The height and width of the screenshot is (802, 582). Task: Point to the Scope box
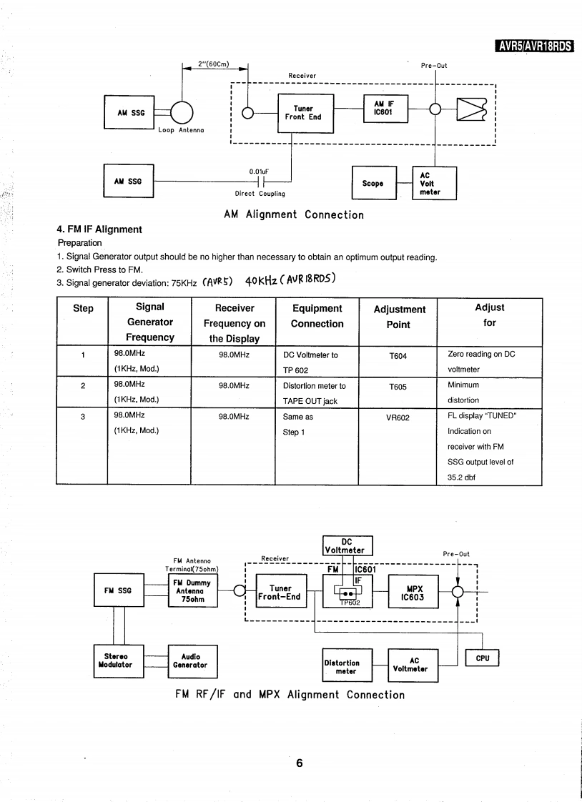[x=373, y=184]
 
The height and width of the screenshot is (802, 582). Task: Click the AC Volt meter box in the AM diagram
[x=435, y=183]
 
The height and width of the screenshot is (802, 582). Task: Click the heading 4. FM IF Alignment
[x=99, y=229]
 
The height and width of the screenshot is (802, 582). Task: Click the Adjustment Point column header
[x=399, y=317]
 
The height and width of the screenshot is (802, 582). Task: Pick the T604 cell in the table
[x=398, y=355]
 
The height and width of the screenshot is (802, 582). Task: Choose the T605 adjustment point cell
[x=398, y=385]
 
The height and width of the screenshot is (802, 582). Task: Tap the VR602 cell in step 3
[x=398, y=416]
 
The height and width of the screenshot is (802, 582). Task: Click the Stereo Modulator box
[x=119, y=660]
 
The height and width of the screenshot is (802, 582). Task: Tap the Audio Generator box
[x=191, y=660]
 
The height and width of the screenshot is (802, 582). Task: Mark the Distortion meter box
[x=347, y=665]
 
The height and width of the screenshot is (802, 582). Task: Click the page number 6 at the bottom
[x=300, y=763]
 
